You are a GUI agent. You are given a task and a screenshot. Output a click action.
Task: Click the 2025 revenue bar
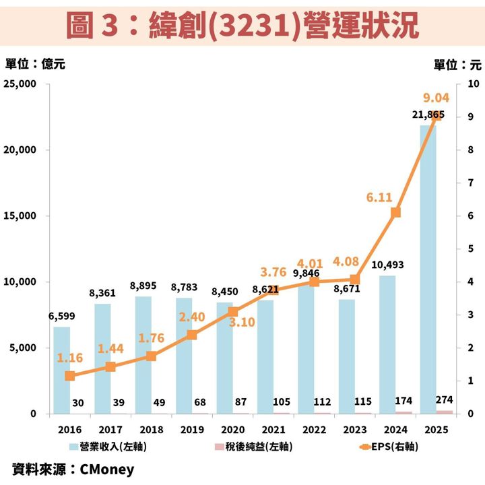coord(428,269)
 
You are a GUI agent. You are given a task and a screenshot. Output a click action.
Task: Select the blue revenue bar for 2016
coord(62,370)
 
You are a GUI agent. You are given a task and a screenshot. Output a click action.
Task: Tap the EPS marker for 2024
coord(395,212)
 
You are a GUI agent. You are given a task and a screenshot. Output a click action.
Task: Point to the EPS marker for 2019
coord(192,335)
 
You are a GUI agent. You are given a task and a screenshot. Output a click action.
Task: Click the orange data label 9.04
coord(436,98)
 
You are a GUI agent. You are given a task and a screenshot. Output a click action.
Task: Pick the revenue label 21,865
coord(428,115)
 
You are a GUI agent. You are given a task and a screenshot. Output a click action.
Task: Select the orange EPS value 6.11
coord(379,197)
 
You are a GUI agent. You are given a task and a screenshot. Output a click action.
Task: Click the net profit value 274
coord(444,400)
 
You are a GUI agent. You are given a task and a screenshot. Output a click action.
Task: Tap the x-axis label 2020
coord(233,430)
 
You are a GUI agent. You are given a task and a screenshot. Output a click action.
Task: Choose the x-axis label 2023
coord(355,430)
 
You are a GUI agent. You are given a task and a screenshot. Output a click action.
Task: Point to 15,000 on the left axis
coord(20,216)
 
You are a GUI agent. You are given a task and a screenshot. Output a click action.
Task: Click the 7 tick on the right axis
coord(471,183)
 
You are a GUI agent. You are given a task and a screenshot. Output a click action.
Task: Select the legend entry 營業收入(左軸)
coord(108,447)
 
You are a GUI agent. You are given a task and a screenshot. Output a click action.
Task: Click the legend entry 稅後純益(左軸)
coord(254,447)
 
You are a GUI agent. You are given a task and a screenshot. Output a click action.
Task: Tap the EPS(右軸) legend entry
coord(389,447)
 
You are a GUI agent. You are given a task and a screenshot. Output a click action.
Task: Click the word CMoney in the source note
coord(107,470)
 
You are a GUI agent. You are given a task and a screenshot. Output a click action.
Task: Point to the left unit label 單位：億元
coord(35,64)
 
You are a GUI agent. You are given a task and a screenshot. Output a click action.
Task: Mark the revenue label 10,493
coord(387,265)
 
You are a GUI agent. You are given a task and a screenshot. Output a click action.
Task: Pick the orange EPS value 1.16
coord(70,358)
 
